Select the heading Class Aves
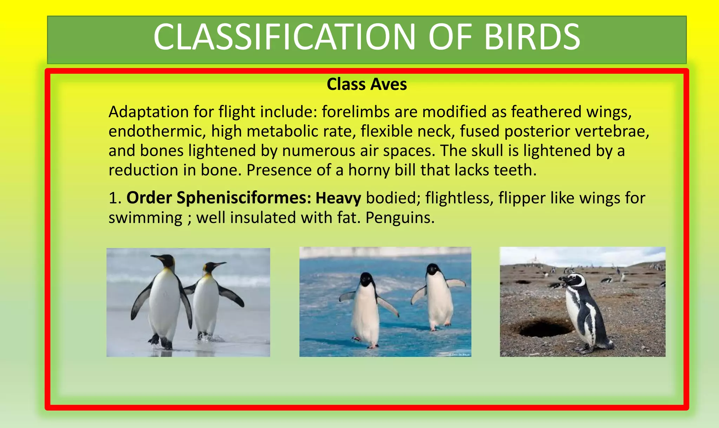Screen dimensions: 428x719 (367, 84)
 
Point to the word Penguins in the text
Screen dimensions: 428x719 (400, 218)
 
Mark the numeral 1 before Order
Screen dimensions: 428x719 (113, 198)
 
